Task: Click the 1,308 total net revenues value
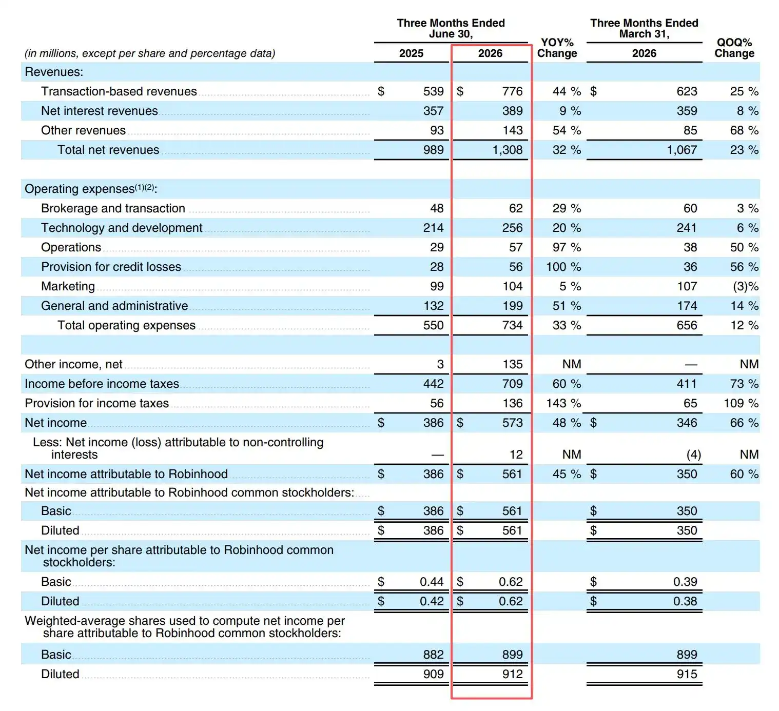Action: pyautogui.click(x=507, y=150)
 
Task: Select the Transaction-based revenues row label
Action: pyautogui.click(x=119, y=91)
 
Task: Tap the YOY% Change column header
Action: pyautogui.click(x=557, y=48)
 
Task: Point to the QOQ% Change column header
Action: pyautogui.click(x=734, y=48)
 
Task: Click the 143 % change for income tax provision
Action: pyautogui.click(x=563, y=403)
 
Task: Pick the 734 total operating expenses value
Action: pyautogui.click(x=512, y=325)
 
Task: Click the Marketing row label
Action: pyautogui.click(x=68, y=286)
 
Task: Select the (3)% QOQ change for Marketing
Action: pyautogui.click(x=746, y=286)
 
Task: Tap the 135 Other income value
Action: pyautogui.click(x=512, y=364)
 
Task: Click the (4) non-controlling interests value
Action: pyautogui.click(x=694, y=455)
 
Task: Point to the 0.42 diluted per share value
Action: pyautogui.click(x=432, y=601)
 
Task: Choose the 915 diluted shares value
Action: pyautogui.click(x=687, y=674)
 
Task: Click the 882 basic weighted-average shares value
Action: pyautogui.click(x=433, y=654)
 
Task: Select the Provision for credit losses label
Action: pyautogui.click(x=111, y=267)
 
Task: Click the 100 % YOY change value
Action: pyautogui.click(x=563, y=267)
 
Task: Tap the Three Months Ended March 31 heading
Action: pyautogui.click(x=644, y=28)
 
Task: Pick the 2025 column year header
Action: pyautogui.click(x=411, y=53)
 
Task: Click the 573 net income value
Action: pyautogui.click(x=512, y=423)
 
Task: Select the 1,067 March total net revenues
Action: pyautogui.click(x=681, y=150)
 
